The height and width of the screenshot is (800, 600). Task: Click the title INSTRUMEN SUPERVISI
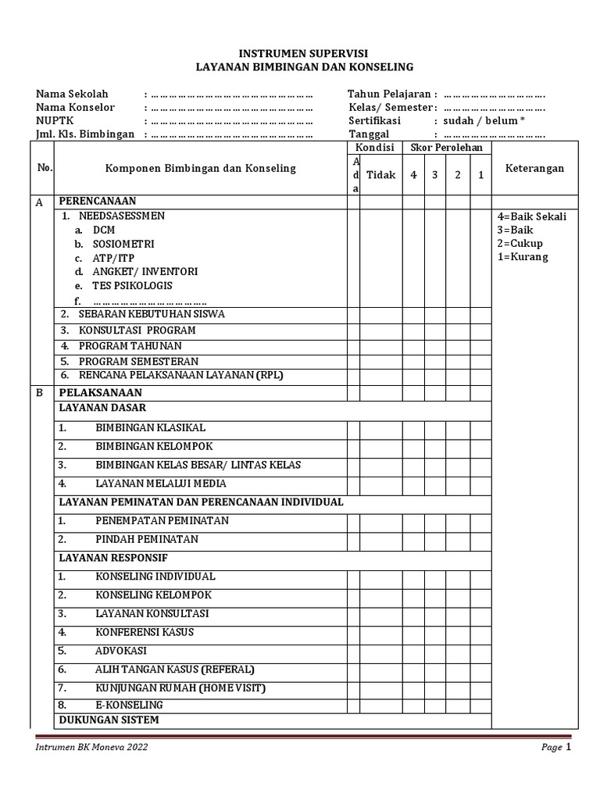[303, 54]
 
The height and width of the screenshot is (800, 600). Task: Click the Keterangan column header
[534, 169]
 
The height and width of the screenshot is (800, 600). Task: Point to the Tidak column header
[381, 175]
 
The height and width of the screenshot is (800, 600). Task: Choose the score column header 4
[413, 175]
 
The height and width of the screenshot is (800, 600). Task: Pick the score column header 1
[480, 175]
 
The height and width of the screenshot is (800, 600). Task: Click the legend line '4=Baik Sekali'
[531, 216]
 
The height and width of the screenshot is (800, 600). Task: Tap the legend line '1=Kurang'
[522, 257]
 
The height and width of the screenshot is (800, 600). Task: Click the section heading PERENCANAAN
[97, 201]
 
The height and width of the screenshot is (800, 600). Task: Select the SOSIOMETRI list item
[123, 244]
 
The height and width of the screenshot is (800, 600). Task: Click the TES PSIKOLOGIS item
[132, 286]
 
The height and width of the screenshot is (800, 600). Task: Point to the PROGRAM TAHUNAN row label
[130, 345]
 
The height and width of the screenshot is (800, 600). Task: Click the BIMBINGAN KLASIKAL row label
[150, 428]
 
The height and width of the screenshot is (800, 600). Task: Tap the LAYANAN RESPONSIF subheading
[113, 558]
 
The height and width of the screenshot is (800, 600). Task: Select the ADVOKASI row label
[120, 651]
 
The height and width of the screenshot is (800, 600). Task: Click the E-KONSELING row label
[129, 705]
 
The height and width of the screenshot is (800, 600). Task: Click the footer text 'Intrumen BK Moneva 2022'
[91, 748]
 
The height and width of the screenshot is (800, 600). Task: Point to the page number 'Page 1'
[557, 748]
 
